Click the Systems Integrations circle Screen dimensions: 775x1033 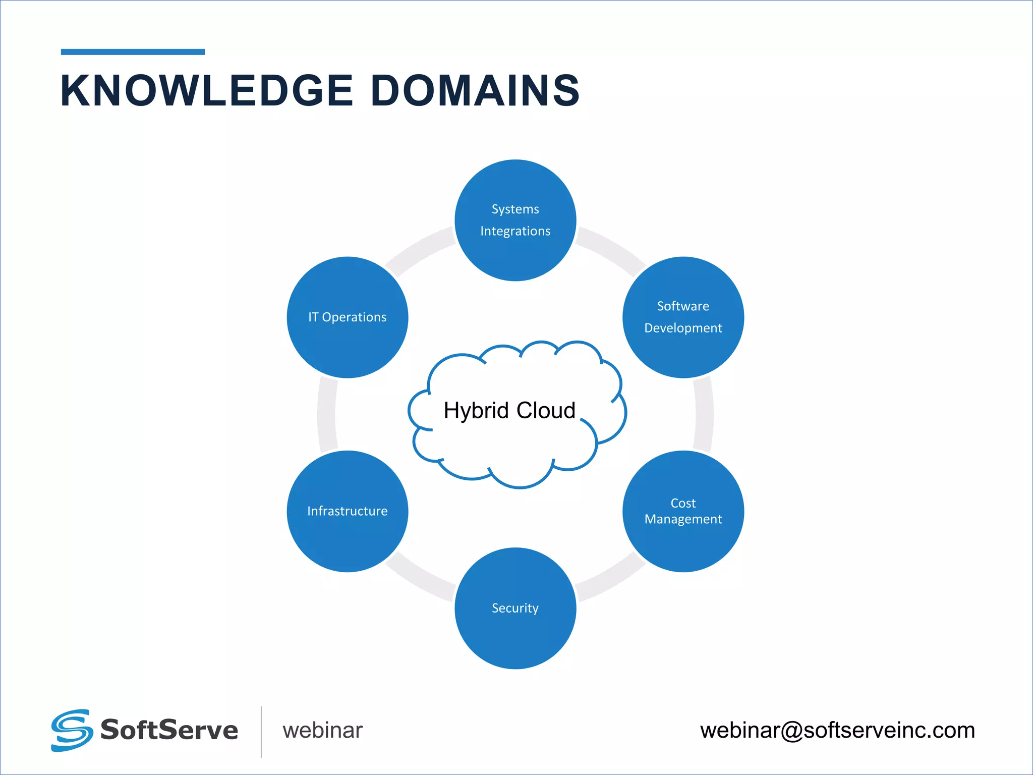click(515, 220)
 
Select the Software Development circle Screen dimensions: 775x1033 click(683, 317)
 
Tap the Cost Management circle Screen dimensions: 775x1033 click(683, 511)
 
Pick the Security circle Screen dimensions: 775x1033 click(515, 608)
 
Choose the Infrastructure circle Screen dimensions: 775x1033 click(348, 511)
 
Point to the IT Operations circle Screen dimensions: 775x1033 click(348, 317)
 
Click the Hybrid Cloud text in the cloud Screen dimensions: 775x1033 click(509, 410)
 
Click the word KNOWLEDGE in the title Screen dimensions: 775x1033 click(207, 91)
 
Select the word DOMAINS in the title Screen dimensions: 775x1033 click(475, 91)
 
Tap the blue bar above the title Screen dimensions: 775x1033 click(133, 51)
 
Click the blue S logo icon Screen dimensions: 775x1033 click(72, 730)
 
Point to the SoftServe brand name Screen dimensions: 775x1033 click(169, 730)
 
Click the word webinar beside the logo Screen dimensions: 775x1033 click(322, 731)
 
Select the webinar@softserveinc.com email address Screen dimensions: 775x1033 click(837, 731)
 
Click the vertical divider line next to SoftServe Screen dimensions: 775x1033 click(261, 732)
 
